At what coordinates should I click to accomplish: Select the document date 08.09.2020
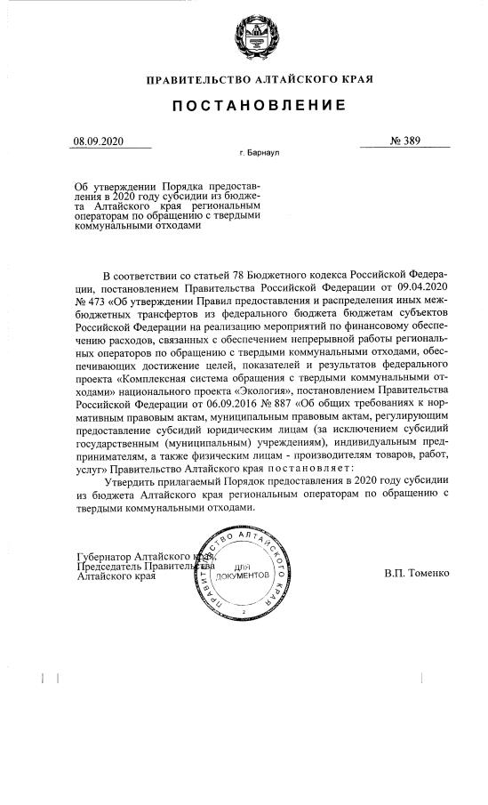click(x=100, y=141)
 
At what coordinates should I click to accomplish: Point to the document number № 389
click(x=404, y=141)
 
